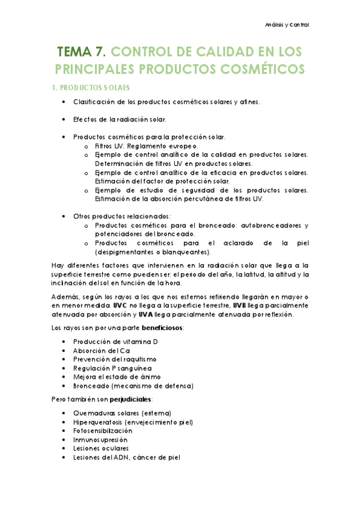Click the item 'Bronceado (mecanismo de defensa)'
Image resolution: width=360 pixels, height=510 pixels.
[133, 386]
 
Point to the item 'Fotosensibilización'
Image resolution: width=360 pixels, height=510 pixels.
[102, 431]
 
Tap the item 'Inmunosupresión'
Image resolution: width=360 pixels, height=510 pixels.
[100, 440]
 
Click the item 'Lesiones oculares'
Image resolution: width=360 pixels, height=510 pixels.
[100, 449]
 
